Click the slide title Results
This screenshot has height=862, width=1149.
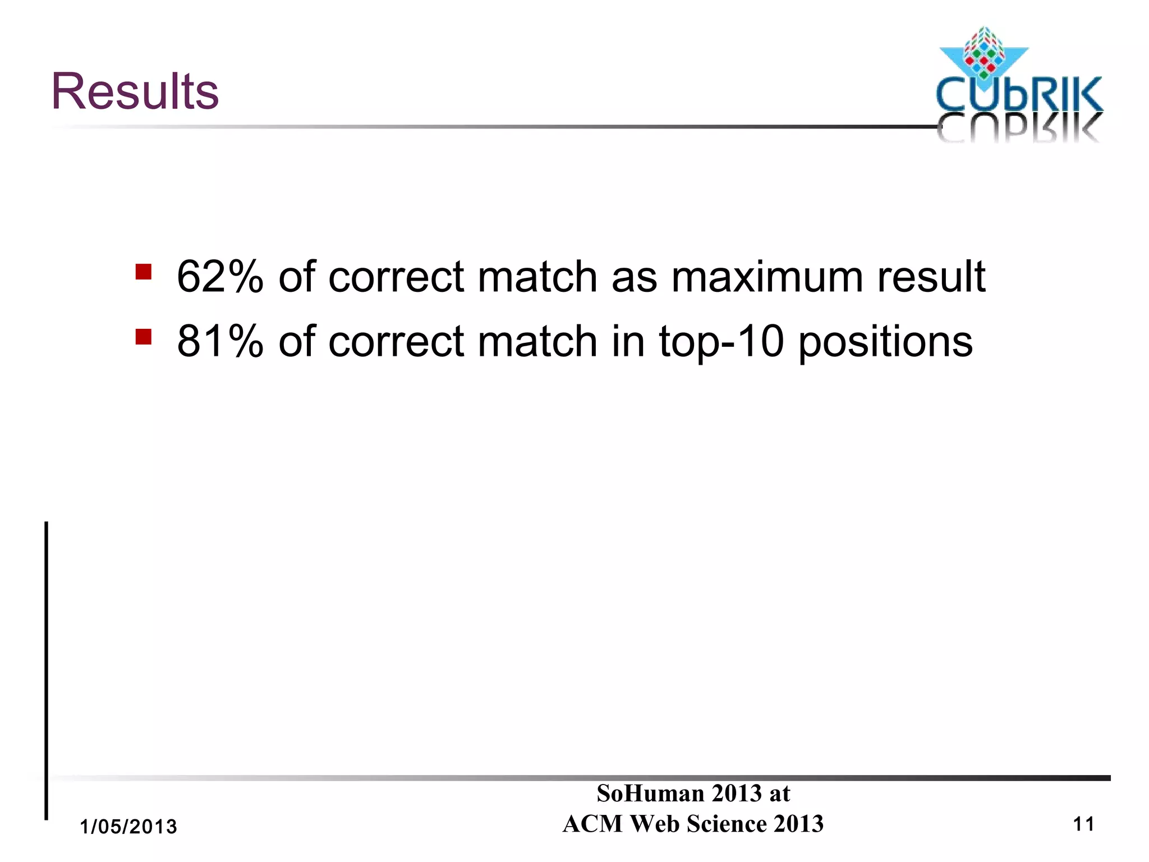click(135, 91)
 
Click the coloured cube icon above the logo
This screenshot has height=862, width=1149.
click(983, 53)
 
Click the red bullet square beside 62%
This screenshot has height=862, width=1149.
click(144, 272)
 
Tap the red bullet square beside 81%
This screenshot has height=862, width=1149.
click(144, 337)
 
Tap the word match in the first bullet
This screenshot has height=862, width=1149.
click(537, 277)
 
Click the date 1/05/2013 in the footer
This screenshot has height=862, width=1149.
click(128, 827)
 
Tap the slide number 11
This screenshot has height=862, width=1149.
click(1083, 824)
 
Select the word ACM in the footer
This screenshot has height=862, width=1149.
click(592, 824)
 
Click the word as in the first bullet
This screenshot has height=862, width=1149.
click(634, 278)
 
